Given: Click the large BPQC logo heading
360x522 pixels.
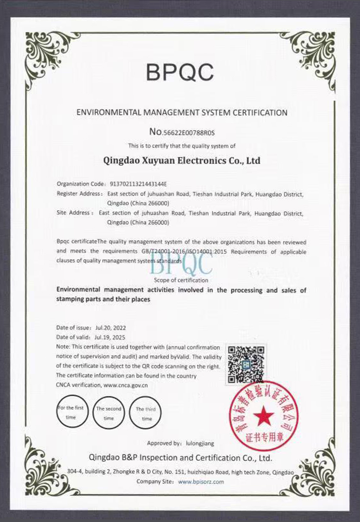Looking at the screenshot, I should click(180, 72).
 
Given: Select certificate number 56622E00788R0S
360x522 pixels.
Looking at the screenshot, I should click(189, 133).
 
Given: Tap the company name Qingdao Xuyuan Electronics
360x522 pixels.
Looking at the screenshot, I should click(181, 160).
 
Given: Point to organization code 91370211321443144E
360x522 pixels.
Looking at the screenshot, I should click(137, 184).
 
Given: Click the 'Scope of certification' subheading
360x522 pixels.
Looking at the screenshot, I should click(181, 280).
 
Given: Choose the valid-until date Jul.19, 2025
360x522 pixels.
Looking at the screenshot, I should click(110, 337).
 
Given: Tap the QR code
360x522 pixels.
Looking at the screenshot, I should click(246, 364).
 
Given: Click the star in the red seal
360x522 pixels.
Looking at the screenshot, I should click(264, 416).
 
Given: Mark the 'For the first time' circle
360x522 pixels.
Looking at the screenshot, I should click(71, 412).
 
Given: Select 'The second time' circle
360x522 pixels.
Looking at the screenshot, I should click(108, 413).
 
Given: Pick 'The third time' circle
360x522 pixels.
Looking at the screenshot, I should click(146, 414).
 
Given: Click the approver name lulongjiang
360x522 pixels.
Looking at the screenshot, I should click(200, 444).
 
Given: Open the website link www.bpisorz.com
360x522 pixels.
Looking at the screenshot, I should click(201, 482).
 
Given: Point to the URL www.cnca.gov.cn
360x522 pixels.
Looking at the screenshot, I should click(126, 385).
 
